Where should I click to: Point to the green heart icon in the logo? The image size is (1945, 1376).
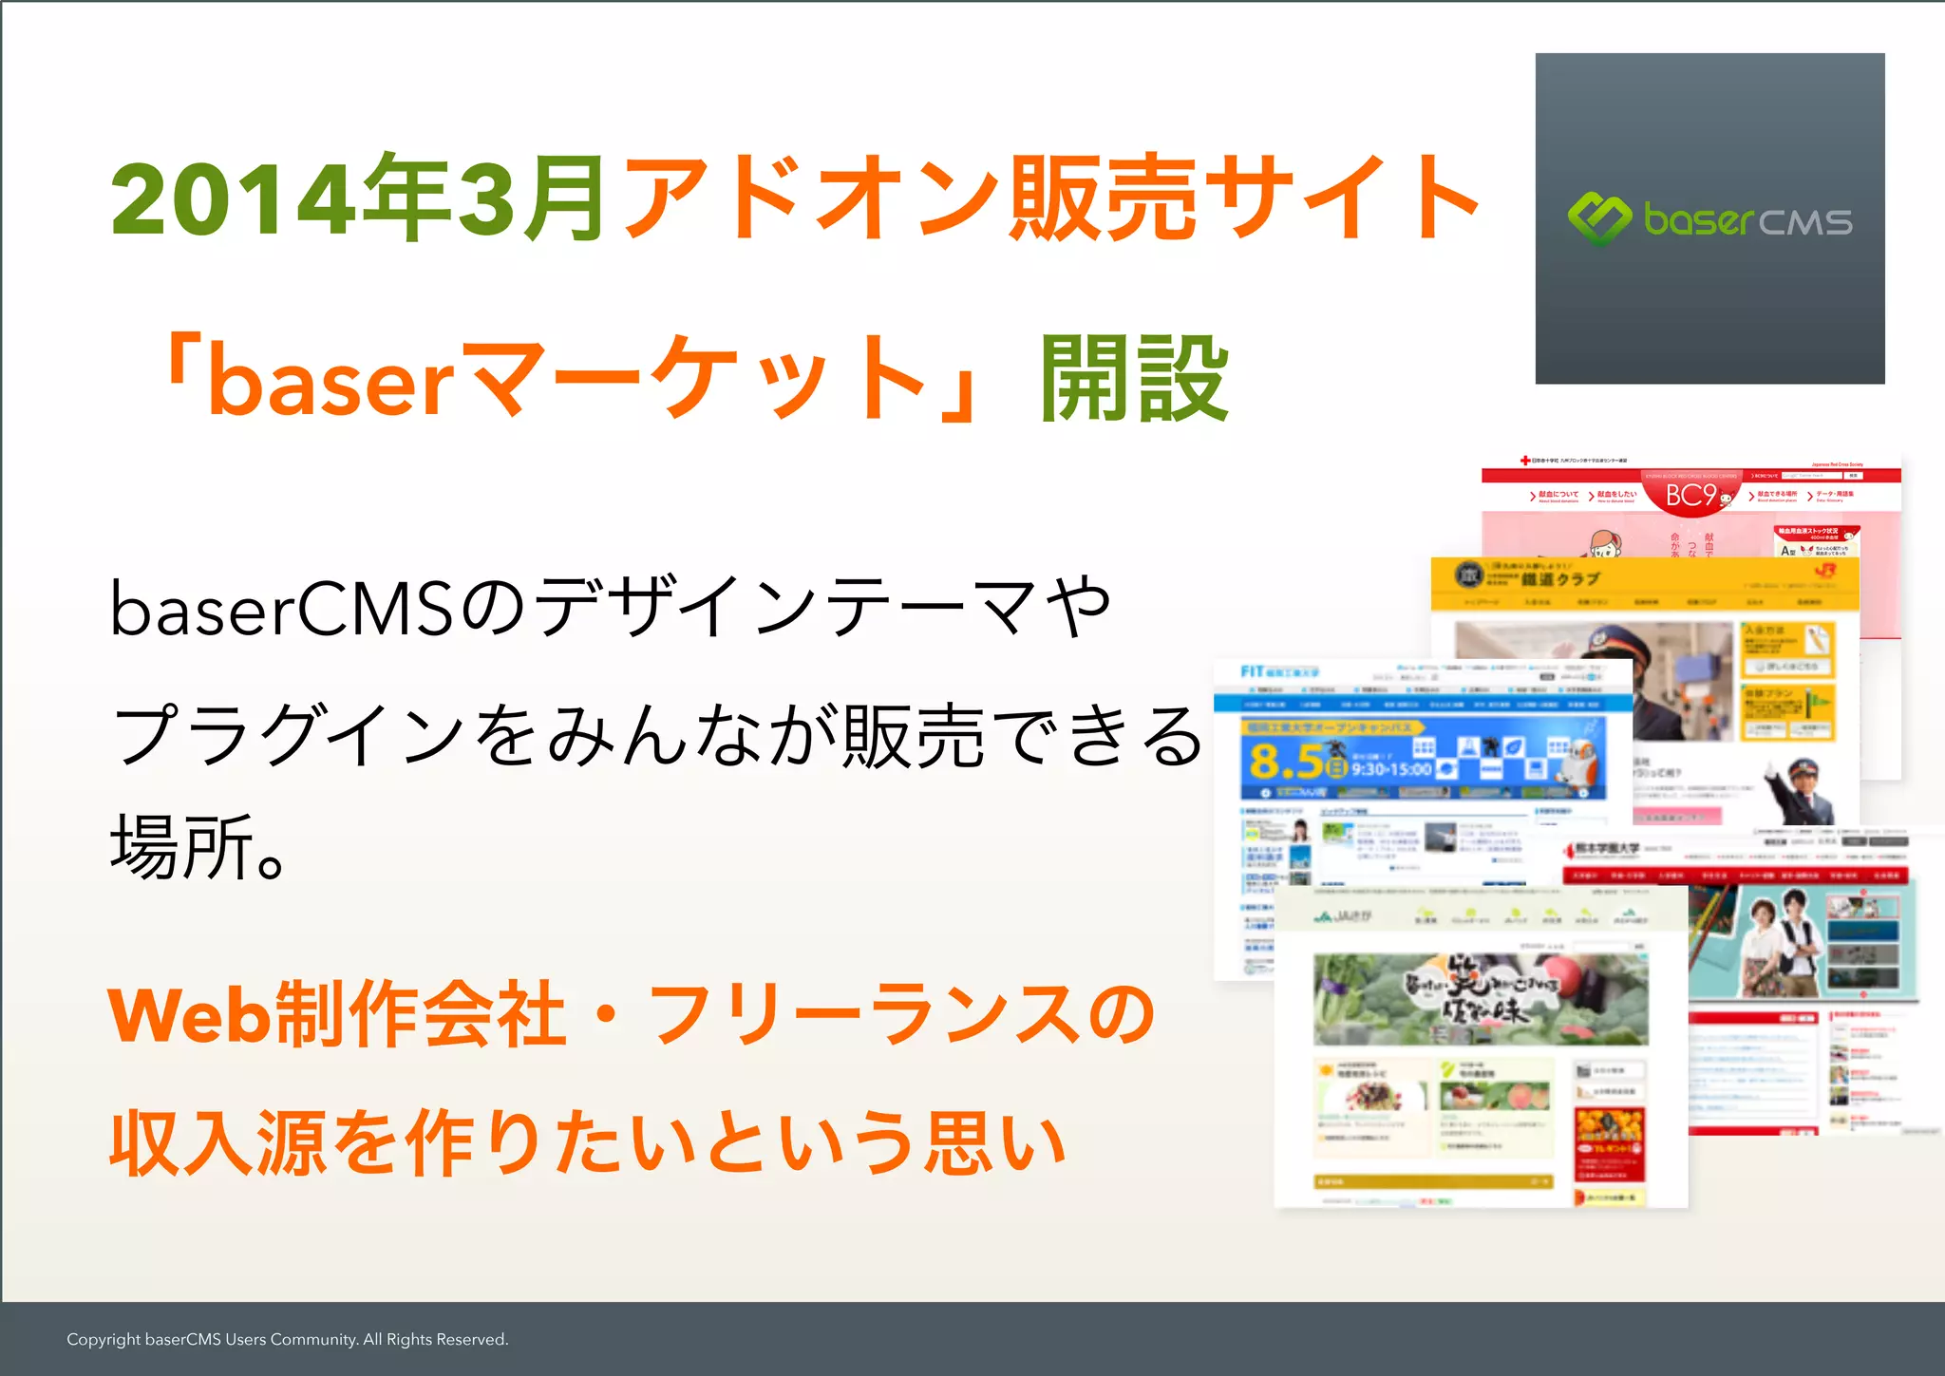[1599, 218]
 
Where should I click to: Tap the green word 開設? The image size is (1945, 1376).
[1134, 380]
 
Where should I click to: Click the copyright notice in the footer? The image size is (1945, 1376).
[288, 1339]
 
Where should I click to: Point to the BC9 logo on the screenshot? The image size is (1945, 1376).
[1691, 496]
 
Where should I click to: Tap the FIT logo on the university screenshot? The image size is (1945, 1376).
[1252, 671]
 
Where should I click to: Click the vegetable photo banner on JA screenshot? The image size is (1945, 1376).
[1480, 999]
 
